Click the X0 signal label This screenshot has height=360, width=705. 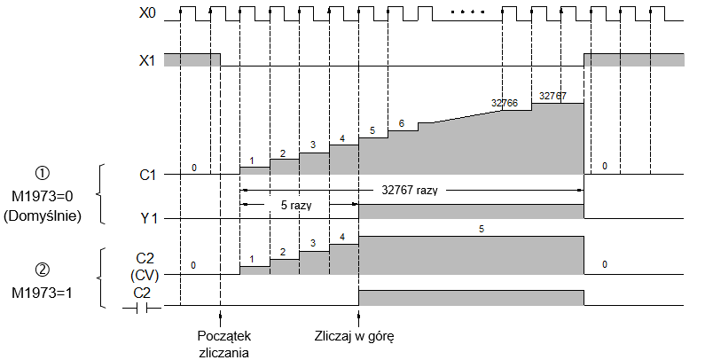point(147,13)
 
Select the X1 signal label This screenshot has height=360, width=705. point(146,60)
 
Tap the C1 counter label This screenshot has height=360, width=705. point(147,175)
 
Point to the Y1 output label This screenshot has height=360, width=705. point(147,219)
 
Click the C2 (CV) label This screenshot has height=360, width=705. point(145,267)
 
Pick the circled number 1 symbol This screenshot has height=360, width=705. point(43,174)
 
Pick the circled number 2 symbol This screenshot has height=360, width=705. point(43,270)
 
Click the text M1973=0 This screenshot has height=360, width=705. point(43,196)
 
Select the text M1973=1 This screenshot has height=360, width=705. point(43,293)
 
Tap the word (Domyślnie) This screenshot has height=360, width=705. point(43,216)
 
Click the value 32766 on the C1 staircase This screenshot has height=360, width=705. point(505,103)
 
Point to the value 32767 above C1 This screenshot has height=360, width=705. point(553,96)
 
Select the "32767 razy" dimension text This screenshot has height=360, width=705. point(409,190)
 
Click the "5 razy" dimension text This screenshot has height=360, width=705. point(296,205)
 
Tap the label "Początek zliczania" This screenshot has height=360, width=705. point(223,344)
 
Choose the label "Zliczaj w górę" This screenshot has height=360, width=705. point(355,336)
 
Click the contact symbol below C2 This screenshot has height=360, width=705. point(142,309)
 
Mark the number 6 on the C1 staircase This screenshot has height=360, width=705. point(402,123)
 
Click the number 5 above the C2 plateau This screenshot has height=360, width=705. point(482,230)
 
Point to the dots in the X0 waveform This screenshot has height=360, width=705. point(467,12)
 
